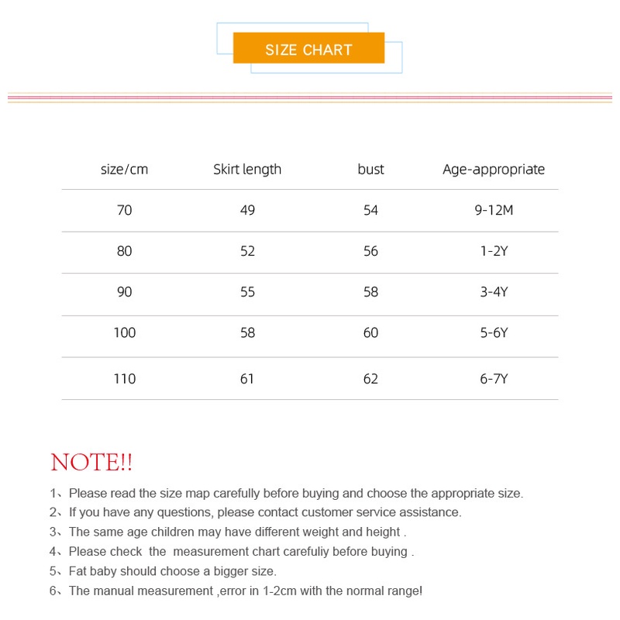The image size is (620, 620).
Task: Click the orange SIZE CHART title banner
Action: (308, 50)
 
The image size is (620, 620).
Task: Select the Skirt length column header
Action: (247, 169)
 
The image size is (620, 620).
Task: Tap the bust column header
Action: (370, 169)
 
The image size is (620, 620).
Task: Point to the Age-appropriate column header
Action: (494, 169)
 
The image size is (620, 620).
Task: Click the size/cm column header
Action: (124, 169)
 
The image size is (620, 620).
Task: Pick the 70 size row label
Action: (124, 210)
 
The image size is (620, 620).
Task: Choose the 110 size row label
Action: (124, 379)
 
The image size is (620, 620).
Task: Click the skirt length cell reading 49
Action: (247, 210)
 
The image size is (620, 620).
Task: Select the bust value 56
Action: (370, 251)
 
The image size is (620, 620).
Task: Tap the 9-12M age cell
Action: (494, 210)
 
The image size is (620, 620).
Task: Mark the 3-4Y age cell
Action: (494, 292)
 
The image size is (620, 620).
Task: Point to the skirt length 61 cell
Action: (247, 379)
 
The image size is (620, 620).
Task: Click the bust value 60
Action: (370, 332)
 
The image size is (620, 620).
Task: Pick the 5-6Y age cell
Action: (494, 332)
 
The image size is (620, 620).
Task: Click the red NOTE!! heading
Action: (91, 463)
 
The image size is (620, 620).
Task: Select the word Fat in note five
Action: (79, 571)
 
